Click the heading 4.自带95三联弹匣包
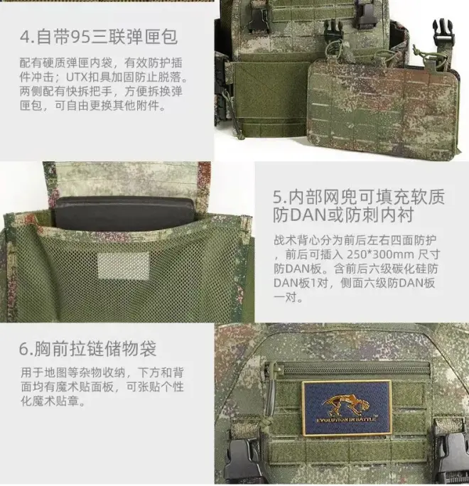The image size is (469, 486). (x=99, y=37)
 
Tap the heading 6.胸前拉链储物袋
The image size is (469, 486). (x=87, y=349)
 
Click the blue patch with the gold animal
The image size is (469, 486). (x=347, y=408)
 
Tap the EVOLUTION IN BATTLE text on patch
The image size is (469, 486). (x=346, y=420)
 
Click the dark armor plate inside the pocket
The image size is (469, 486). (x=125, y=212)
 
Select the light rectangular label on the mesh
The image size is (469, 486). (x=124, y=265)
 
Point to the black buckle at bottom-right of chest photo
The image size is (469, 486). (x=453, y=455)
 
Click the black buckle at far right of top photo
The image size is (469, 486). (x=443, y=33)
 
